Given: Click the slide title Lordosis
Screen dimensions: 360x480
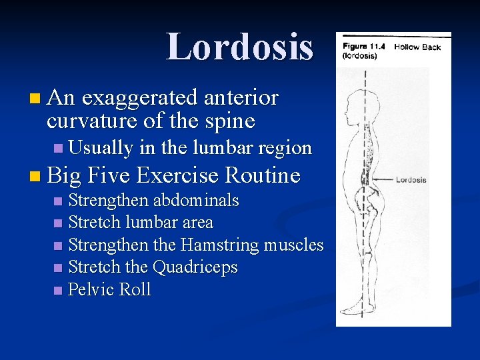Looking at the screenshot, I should [239, 47].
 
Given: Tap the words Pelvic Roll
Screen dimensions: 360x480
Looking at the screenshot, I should [110, 289].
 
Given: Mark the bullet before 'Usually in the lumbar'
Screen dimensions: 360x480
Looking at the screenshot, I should [58, 148].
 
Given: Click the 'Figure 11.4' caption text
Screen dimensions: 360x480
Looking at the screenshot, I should [365, 47].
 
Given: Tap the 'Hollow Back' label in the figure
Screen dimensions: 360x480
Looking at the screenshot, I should [417, 47].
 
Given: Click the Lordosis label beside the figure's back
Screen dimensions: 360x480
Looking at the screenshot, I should [411, 179].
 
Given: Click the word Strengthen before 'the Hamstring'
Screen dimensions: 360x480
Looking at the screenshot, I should [110, 245].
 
